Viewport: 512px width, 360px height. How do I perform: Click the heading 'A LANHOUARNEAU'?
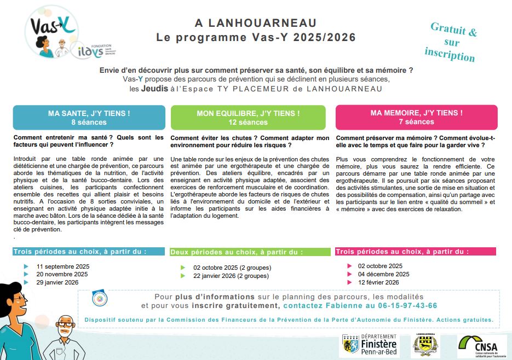256,23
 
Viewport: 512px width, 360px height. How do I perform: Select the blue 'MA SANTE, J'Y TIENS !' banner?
89,117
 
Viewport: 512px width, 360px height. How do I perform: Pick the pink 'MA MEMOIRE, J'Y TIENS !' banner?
416,117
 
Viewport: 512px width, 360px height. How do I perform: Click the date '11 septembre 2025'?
62,266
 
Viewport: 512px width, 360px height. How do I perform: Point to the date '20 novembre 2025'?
62,274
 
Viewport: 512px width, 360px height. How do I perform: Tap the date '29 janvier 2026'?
58,282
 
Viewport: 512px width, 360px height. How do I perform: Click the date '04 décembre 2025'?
383,274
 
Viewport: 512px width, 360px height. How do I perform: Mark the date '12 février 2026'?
378,282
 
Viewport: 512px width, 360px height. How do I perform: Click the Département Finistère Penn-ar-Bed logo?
369,346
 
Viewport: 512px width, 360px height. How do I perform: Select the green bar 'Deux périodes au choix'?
250,252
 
